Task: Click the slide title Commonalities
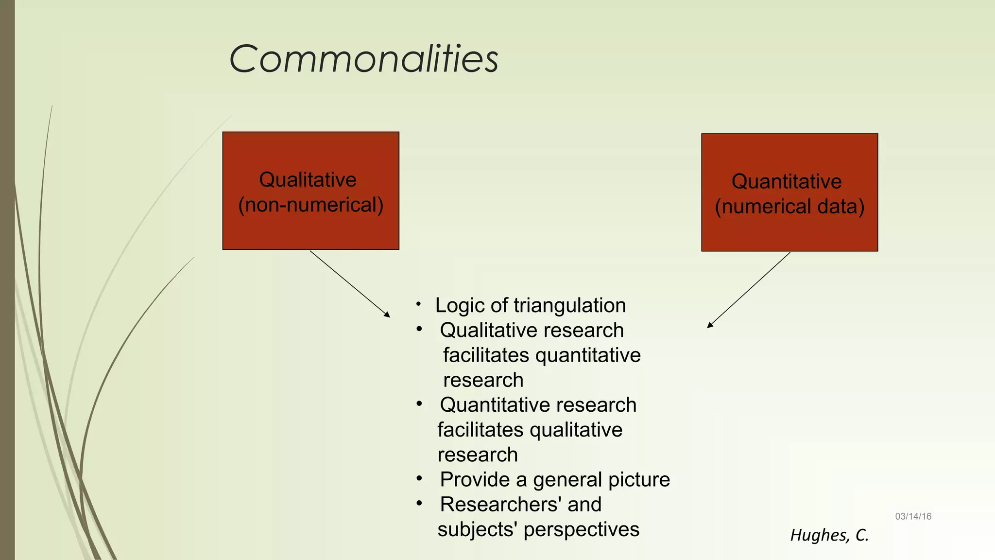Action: pyautogui.click(x=363, y=59)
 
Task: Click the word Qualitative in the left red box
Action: pyautogui.click(x=308, y=180)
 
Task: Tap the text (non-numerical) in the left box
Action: pyautogui.click(x=311, y=205)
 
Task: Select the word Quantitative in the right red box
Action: pyautogui.click(x=787, y=181)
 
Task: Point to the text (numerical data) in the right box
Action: pyautogui.click(x=789, y=207)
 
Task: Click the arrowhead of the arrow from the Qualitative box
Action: pyautogui.click(x=388, y=315)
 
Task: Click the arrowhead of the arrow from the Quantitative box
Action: pyautogui.click(x=709, y=326)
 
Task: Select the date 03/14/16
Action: pyautogui.click(x=913, y=517)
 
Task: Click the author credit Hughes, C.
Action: pyautogui.click(x=829, y=535)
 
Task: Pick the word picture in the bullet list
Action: pyautogui.click(x=639, y=480)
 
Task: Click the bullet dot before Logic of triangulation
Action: pyautogui.click(x=418, y=304)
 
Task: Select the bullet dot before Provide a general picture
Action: pyautogui.click(x=419, y=479)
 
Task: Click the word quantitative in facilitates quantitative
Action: pyautogui.click(x=588, y=355)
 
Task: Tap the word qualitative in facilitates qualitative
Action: pyautogui.click(x=576, y=430)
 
